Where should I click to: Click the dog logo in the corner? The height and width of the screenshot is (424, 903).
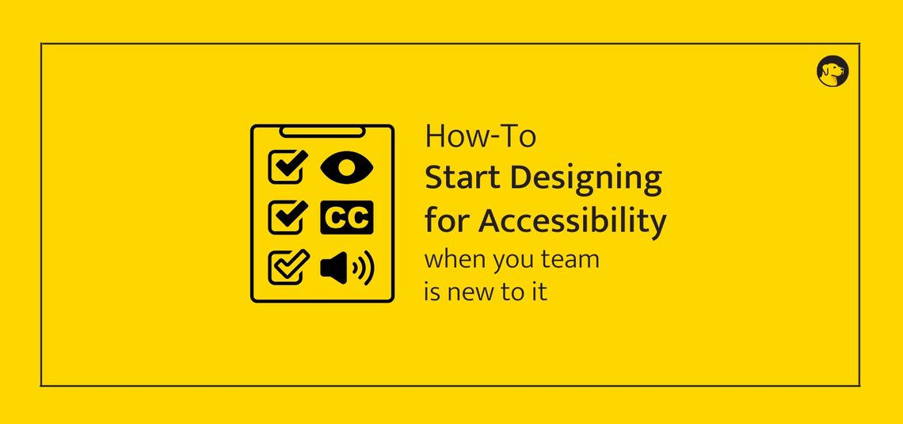(x=832, y=71)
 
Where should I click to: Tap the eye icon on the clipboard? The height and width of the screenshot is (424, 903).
(x=346, y=167)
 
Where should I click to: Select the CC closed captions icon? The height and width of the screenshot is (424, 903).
(x=346, y=218)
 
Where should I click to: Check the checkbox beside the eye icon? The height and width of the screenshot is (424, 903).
(x=288, y=166)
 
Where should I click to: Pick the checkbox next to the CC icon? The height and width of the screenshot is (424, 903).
(x=288, y=217)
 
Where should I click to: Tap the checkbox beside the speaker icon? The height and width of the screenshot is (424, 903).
(x=288, y=267)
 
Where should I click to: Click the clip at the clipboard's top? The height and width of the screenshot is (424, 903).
(x=322, y=129)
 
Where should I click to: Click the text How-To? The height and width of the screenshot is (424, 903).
(x=480, y=136)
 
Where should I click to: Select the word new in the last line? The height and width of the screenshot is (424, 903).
(x=472, y=292)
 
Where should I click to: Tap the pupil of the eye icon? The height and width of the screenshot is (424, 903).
(x=346, y=167)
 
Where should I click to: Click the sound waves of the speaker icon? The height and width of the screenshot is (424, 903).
(x=365, y=269)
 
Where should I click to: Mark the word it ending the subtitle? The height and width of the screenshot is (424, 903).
(x=539, y=292)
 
